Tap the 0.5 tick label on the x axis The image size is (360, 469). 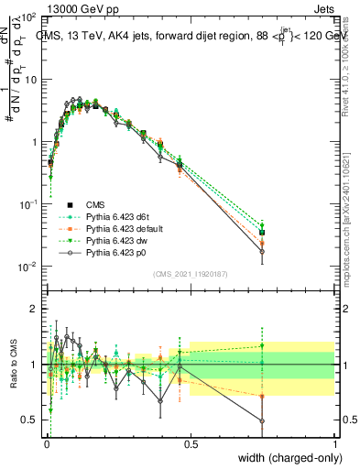(190, 444)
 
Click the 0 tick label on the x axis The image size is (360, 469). (45, 444)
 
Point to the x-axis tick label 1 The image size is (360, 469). (334, 444)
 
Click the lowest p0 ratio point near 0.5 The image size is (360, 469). (262, 421)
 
